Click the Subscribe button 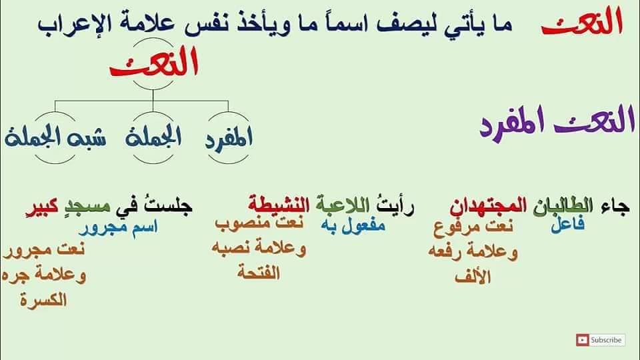coord(601,340)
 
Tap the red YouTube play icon coord(583,340)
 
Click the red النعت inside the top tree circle coord(154,63)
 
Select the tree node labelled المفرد coord(229,137)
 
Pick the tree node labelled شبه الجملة coord(55,137)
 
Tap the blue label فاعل coord(568,225)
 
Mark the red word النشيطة coord(279,205)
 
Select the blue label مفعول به coord(353,225)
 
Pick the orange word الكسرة coord(43,300)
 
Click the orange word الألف coord(472,277)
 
